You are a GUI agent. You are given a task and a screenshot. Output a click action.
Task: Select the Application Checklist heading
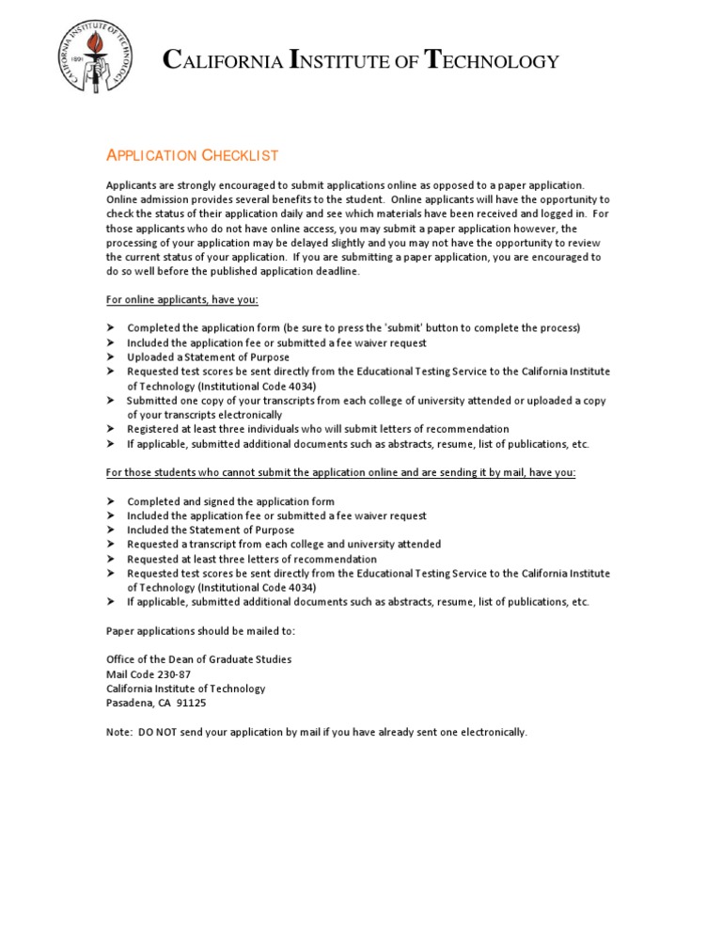[192, 155]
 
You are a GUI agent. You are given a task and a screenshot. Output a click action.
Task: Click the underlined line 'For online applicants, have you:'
[181, 299]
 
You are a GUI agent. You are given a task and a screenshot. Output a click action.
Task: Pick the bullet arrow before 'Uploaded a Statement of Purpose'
[110, 357]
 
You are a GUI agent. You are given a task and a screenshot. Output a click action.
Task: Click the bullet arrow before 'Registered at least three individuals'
[110, 429]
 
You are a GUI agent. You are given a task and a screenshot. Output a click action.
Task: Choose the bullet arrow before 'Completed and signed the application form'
[110, 501]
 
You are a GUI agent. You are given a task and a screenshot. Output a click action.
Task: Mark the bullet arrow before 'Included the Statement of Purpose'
[110, 530]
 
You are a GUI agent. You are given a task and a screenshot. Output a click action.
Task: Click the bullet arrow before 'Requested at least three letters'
[110, 559]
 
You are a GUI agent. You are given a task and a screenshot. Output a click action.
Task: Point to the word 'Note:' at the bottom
[119, 732]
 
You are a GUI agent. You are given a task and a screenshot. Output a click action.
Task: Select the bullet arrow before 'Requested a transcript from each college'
[110, 544]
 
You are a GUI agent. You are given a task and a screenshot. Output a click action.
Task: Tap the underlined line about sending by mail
[340, 472]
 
